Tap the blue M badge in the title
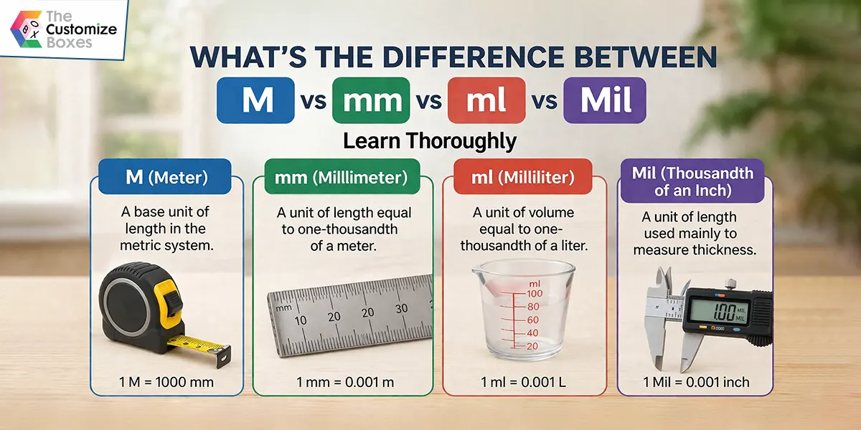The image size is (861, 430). (255, 100)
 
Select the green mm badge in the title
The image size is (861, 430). (371, 100)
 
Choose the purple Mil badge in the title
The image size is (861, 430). (605, 100)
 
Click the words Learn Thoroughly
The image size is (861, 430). (429, 140)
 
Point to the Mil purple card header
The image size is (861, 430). (692, 181)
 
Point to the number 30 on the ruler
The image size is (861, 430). (401, 309)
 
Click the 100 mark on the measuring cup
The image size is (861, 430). (533, 293)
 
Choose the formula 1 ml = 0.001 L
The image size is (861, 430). (524, 383)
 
